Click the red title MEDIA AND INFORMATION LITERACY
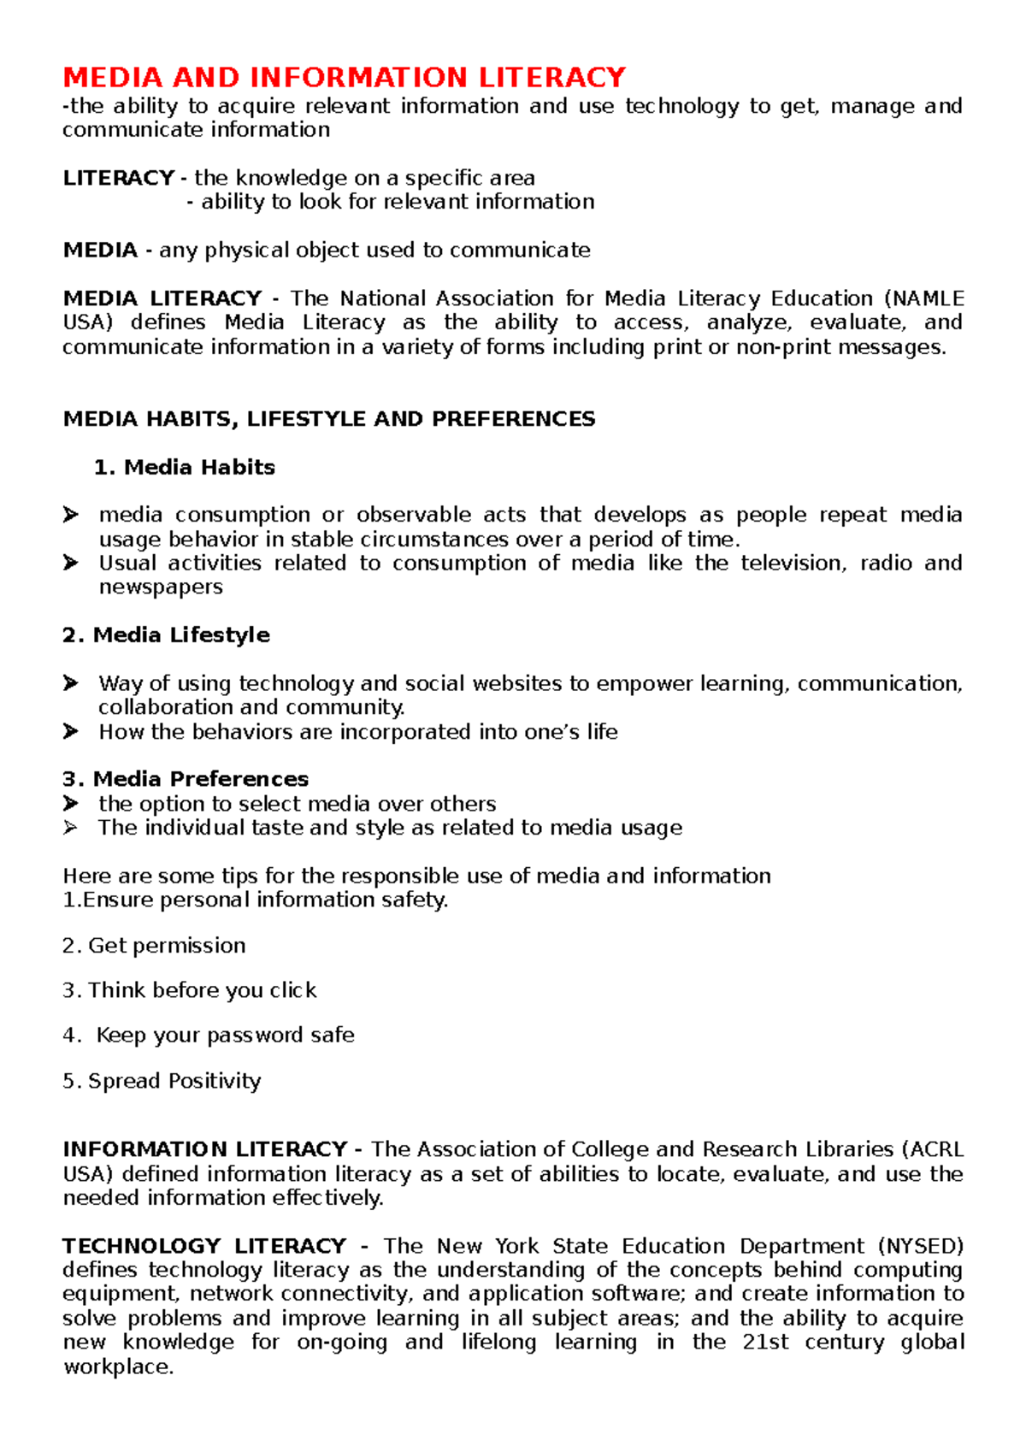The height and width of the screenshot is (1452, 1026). click(x=344, y=78)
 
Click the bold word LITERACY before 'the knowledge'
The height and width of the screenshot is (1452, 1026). click(x=118, y=178)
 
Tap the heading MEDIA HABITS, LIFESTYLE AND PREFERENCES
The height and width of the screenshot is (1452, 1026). click(x=329, y=419)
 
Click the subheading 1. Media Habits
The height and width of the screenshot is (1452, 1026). click(x=185, y=467)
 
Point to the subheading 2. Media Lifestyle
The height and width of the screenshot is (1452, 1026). click(x=166, y=635)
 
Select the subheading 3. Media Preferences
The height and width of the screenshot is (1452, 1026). click(x=186, y=779)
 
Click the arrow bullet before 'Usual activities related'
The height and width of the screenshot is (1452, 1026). click(x=70, y=563)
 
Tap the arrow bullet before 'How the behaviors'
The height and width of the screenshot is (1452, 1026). click(x=70, y=732)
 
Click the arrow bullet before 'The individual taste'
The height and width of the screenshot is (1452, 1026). click(x=70, y=828)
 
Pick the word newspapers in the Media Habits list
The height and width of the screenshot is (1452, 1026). click(x=161, y=587)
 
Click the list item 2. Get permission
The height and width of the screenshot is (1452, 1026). click(x=154, y=946)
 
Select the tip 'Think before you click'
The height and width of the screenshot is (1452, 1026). click(x=202, y=990)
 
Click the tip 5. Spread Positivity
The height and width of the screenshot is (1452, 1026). click(x=162, y=1081)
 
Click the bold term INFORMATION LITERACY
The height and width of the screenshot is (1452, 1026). click(x=205, y=1149)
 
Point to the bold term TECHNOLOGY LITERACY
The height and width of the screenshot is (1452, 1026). click(x=204, y=1246)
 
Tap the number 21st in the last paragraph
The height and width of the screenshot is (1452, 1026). click(x=765, y=1343)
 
